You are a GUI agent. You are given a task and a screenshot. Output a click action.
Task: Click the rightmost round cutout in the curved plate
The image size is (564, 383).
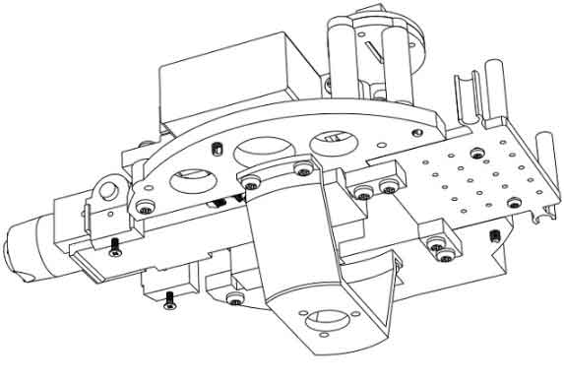click(332, 144)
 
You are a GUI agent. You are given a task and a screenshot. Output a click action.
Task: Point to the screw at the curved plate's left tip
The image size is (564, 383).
click(146, 208)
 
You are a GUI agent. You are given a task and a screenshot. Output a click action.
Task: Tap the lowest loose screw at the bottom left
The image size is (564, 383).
click(169, 297)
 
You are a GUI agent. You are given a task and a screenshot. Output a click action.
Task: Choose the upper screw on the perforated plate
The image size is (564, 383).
click(476, 151)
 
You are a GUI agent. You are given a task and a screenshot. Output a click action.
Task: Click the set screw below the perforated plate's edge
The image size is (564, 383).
click(495, 235)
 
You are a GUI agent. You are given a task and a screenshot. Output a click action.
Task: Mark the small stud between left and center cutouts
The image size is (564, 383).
click(215, 149)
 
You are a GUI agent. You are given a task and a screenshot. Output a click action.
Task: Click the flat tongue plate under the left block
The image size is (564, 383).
click(108, 262)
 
